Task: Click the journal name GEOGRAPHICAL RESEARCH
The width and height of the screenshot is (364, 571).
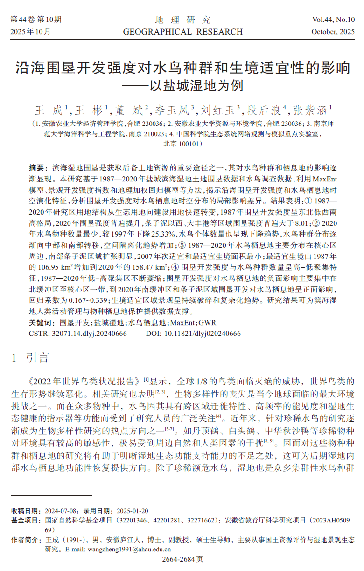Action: coord(182,32)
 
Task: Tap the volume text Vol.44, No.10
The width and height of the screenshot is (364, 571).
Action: coord(333,20)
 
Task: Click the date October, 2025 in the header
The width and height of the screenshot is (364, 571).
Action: coord(333,32)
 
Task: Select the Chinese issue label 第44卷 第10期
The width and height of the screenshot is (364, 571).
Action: coord(36,20)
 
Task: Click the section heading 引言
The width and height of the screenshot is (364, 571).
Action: coord(37,358)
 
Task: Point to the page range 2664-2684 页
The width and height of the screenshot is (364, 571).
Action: coord(182,559)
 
